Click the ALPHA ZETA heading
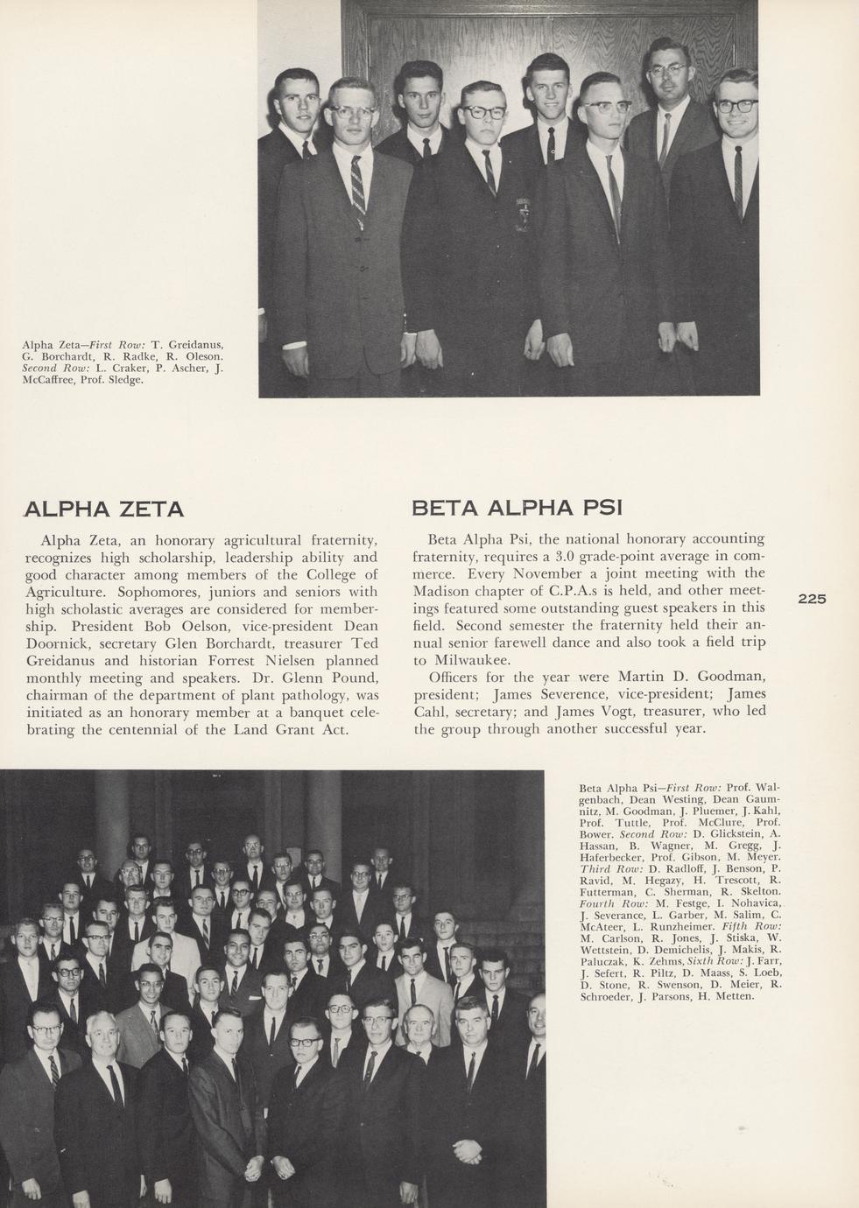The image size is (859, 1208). coord(104,509)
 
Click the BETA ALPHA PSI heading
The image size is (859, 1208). coord(517,508)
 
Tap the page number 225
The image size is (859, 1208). coord(812,599)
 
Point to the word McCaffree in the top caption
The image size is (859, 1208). coord(49,380)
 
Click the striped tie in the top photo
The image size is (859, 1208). coord(357,184)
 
